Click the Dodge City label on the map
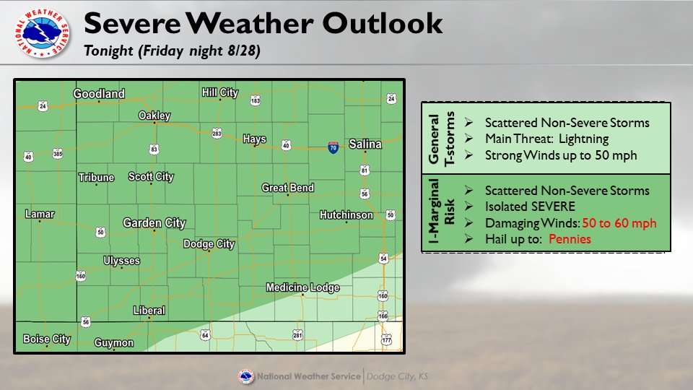click(209, 244)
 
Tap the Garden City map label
click(154, 223)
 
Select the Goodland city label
click(99, 94)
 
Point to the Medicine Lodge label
click(302, 287)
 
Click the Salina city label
click(365, 144)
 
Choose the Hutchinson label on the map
click(346, 215)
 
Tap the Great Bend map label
click(288, 188)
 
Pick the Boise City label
click(47, 339)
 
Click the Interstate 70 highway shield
click(334, 147)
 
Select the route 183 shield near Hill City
click(255, 100)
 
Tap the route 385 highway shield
click(58, 154)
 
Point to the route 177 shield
click(386, 339)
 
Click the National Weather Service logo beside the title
click(42, 32)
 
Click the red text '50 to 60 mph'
click(619, 223)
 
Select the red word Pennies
click(570, 239)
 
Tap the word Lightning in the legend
click(583, 139)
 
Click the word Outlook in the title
click(383, 23)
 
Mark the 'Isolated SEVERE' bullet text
click(530, 207)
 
